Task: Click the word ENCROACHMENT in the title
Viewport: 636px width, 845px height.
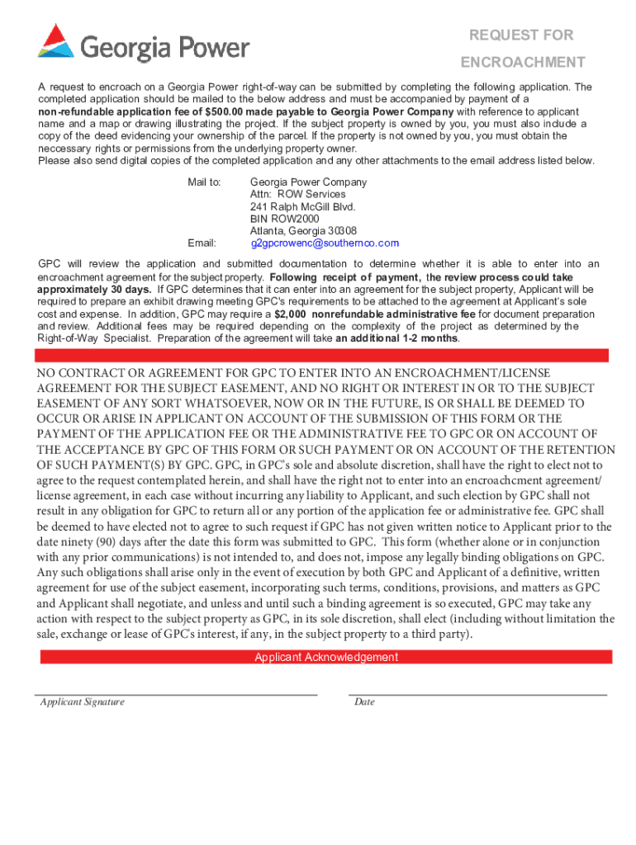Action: click(x=523, y=62)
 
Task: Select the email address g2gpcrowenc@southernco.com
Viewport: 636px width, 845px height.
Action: click(x=325, y=243)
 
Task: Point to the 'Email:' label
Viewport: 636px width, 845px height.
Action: click(x=202, y=243)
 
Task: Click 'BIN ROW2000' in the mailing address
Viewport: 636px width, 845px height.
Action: click(x=284, y=219)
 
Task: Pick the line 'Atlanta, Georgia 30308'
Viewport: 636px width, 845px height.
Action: click(x=303, y=231)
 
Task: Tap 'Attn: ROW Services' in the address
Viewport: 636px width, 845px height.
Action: click(x=297, y=194)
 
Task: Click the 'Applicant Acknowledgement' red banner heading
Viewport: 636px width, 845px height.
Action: click(x=325, y=658)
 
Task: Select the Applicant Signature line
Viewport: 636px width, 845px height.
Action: click(x=175, y=695)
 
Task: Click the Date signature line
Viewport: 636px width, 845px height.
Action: click(x=477, y=695)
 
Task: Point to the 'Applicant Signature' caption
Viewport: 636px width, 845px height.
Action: click(x=83, y=702)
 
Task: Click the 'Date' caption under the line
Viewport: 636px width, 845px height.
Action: click(x=364, y=702)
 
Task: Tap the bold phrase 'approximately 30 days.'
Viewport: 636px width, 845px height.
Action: click(x=94, y=290)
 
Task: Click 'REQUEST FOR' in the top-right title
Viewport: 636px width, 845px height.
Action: click(x=521, y=35)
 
